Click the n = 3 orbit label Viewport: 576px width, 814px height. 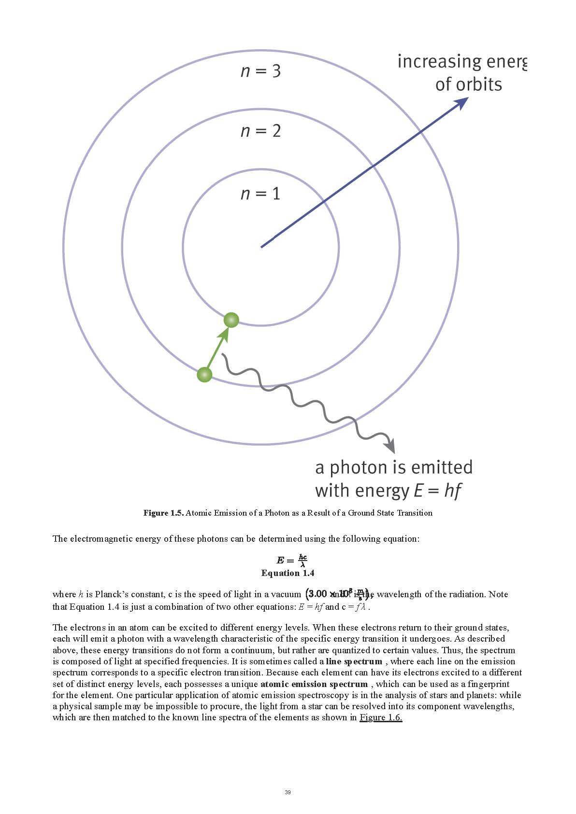click(x=260, y=71)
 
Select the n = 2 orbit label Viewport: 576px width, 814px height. click(x=260, y=131)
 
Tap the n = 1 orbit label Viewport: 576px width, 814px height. click(x=260, y=194)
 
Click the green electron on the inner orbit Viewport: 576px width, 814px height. click(x=231, y=320)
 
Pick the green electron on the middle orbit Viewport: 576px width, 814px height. click(x=205, y=374)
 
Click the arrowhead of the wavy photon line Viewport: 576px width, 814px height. click(x=390, y=447)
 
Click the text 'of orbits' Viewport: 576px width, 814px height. click(x=468, y=84)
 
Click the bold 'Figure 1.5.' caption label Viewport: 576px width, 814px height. click(x=163, y=513)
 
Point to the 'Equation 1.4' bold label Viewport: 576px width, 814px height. click(x=288, y=573)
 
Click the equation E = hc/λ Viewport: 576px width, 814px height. click(x=292, y=560)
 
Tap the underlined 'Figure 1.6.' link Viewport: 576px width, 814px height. click(x=381, y=717)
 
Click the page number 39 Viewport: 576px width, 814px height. click(x=288, y=792)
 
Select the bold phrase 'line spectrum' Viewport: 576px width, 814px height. click(x=354, y=661)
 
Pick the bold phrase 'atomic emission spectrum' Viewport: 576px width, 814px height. click(x=314, y=684)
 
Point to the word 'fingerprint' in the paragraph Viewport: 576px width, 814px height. click(x=489, y=684)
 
